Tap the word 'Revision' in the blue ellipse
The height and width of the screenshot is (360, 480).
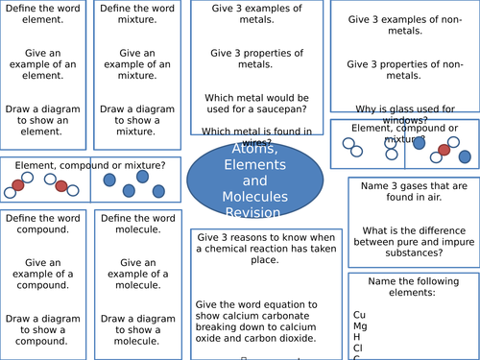point(248,212)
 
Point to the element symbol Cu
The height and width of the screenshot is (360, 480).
point(360,314)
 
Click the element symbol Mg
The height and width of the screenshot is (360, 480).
point(361,325)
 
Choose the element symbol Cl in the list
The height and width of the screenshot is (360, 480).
point(359,348)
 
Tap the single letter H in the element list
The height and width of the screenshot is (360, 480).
point(357,337)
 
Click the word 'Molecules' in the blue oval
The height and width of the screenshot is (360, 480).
point(248,197)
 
